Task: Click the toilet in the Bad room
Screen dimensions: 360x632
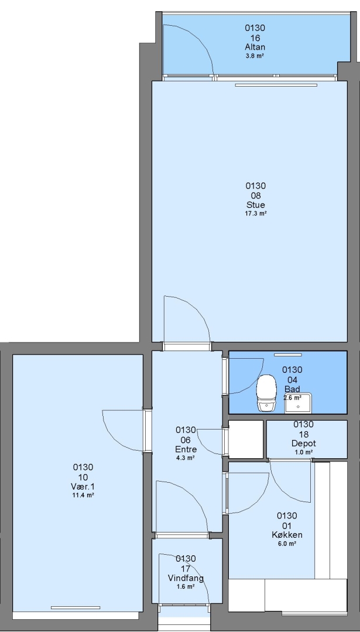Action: pyautogui.click(x=266, y=393)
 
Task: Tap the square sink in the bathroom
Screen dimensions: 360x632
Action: pyautogui.click(x=299, y=403)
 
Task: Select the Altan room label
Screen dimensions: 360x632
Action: pyautogui.click(x=255, y=47)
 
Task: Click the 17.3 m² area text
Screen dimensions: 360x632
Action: pyautogui.click(x=256, y=214)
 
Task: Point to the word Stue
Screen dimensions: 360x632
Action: pyautogui.click(x=256, y=205)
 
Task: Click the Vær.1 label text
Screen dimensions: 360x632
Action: pyautogui.click(x=83, y=486)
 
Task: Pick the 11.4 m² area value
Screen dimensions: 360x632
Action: pyautogui.click(x=83, y=496)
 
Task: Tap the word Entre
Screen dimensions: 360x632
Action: pyautogui.click(x=186, y=449)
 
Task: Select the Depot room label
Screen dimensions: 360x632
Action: pyautogui.click(x=304, y=444)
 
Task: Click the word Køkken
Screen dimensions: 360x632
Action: pyautogui.click(x=287, y=535)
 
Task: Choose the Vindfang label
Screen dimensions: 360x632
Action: pyautogui.click(x=186, y=578)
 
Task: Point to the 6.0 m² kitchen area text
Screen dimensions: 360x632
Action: pyautogui.click(x=287, y=544)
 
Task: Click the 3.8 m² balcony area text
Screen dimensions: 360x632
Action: pyautogui.click(x=255, y=56)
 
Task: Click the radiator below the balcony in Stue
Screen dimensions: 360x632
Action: pyautogui.click(x=276, y=85)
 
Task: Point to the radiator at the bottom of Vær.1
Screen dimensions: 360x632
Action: pyautogui.click(x=76, y=607)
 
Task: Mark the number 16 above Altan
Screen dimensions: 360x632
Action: pyautogui.click(x=255, y=38)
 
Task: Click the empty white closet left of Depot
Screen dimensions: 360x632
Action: pyautogui.click(x=246, y=439)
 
